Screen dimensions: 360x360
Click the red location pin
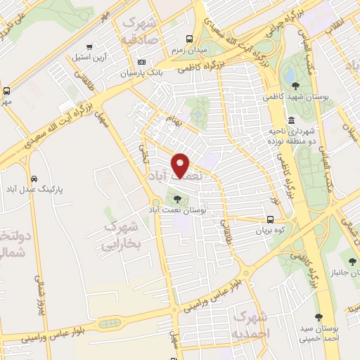[181, 165]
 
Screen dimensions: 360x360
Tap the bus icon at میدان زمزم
[188, 39]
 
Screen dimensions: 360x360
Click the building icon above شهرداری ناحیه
[291, 120]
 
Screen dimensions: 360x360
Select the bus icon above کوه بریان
[271, 219]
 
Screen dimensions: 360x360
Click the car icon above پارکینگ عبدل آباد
[34, 178]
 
